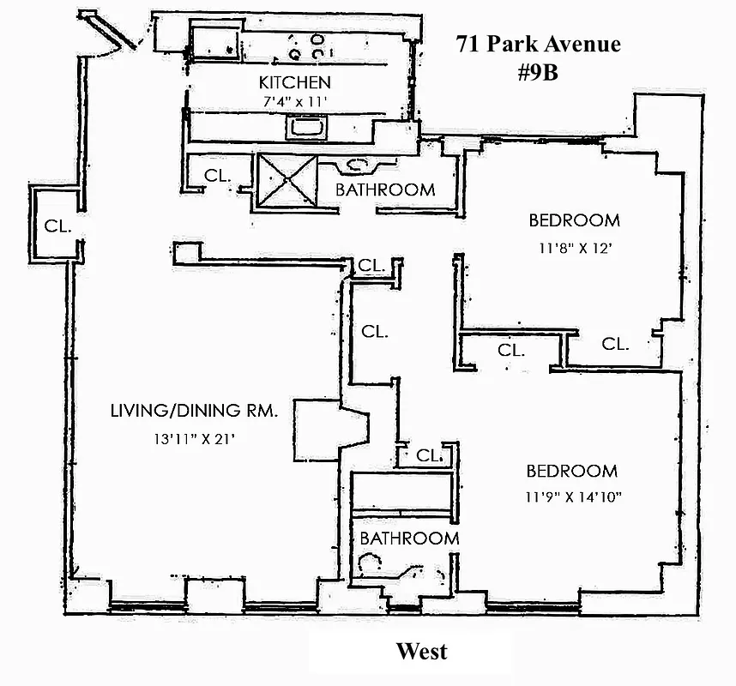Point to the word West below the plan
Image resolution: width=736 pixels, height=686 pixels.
(421, 652)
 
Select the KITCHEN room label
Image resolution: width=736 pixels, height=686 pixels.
(294, 83)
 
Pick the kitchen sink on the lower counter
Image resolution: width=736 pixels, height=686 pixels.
(306, 128)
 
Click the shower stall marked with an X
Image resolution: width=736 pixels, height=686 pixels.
(284, 182)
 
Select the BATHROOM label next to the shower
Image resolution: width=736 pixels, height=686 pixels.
(385, 190)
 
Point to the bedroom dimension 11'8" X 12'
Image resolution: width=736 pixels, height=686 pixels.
(573, 250)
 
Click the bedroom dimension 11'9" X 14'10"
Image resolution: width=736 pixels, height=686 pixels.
(572, 496)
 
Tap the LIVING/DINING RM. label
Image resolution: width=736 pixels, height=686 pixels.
(193, 411)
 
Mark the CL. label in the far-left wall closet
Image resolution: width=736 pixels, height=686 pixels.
(57, 226)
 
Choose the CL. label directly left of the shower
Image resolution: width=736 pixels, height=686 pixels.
(217, 175)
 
